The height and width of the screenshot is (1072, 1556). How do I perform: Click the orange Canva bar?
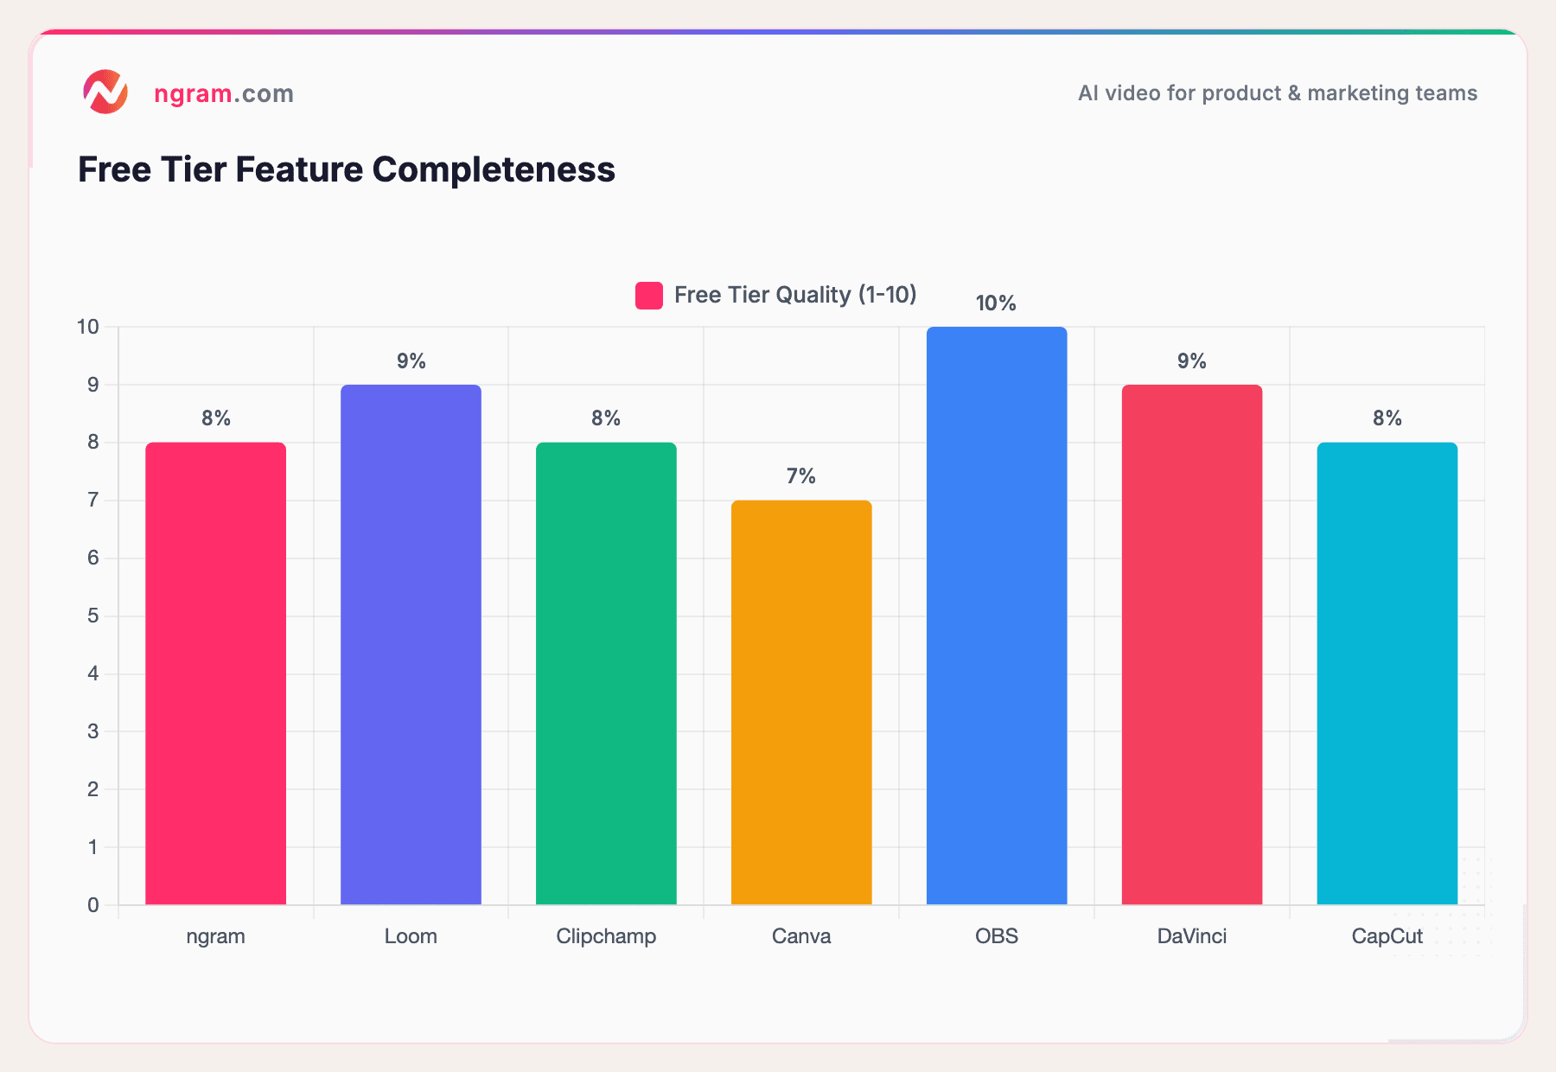click(x=801, y=702)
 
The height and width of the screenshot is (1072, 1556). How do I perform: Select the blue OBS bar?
click(x=997, y=616)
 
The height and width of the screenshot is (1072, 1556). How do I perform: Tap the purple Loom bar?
click(x=411, y=644)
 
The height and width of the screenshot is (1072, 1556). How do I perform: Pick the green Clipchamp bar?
click(x=606, y=673)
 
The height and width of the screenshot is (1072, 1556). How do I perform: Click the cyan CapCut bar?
click(x=1387, y=673)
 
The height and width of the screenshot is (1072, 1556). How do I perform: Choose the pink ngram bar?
click(x=215, y=673)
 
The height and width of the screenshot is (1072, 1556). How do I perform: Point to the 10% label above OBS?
click(x=996, y=303)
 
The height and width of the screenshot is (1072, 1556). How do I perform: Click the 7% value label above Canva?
click(x=801, y=476)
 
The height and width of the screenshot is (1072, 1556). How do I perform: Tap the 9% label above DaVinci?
click(x=1191, y=361)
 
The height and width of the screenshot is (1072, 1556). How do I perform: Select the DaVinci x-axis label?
click(x=1191, y=936)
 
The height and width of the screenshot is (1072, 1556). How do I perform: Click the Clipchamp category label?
click(x=606, y=936)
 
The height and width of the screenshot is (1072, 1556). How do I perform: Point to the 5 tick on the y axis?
click(x=93, y=616)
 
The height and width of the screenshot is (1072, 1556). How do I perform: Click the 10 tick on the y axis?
click(x=88, y=327)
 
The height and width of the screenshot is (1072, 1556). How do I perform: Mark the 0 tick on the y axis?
click(x=93, y=905)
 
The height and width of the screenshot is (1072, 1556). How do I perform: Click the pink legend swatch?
click(x=649, y=296)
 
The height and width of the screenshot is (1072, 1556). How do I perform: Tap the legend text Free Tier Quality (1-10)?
click(x=794, y=295)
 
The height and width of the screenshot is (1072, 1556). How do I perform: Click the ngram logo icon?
click(x=105, y=92)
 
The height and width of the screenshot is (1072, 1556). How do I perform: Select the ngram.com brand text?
click(x=224, y=93)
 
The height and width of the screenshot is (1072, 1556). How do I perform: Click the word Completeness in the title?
click(x=494, y=169)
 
